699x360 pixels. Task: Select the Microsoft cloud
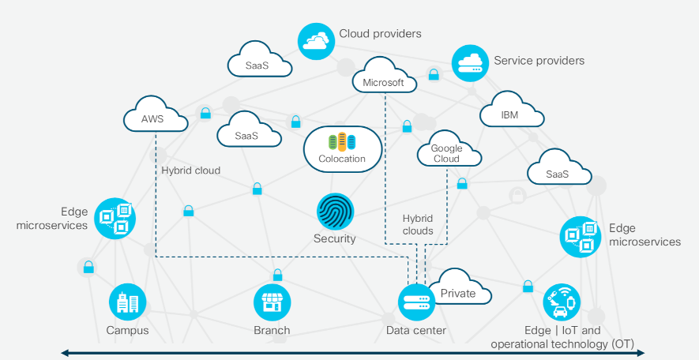point(383,79)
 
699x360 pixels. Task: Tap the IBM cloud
point(512,111)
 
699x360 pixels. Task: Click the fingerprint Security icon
point(336,212)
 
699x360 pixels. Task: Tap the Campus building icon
point(127,303)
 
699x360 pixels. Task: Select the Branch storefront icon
point(272,303)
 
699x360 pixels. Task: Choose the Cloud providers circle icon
point(316,40)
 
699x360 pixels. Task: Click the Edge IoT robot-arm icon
point(562,302)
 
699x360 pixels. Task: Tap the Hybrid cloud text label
point(191,171)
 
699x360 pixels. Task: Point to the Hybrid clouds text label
point(418,225)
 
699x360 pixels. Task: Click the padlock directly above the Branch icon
point(277,276)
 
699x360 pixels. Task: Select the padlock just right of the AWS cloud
point(205,113)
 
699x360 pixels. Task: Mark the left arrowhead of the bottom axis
point(66,353)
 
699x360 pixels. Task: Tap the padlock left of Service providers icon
point(433,75)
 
